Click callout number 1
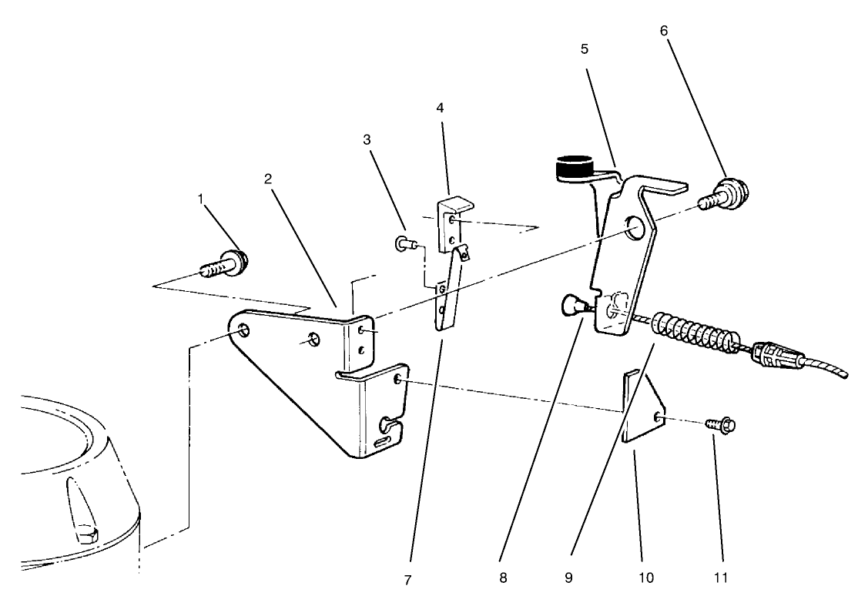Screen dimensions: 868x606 tap(200, 199)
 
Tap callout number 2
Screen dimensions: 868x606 tap(268, 179)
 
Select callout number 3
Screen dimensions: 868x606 tap(367, 140)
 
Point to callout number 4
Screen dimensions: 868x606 tap(440, 107)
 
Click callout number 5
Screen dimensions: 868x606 tap(585, 49)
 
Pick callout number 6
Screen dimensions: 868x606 tap(664, 31)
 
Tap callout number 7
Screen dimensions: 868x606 tap(408, 581)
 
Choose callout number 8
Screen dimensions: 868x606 tap(503, 578)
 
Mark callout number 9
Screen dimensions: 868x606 tap(568, 578)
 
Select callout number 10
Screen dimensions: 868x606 tap(646, 578)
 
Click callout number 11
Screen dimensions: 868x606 tap(720, 578)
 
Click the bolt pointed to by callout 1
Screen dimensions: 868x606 tap(224, 265)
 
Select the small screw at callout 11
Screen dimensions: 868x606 tap(720, 425)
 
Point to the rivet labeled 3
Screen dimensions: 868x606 tap(405, 243)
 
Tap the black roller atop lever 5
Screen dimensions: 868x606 tap(573, 168)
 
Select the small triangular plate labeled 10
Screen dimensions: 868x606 tap(643, 407)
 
